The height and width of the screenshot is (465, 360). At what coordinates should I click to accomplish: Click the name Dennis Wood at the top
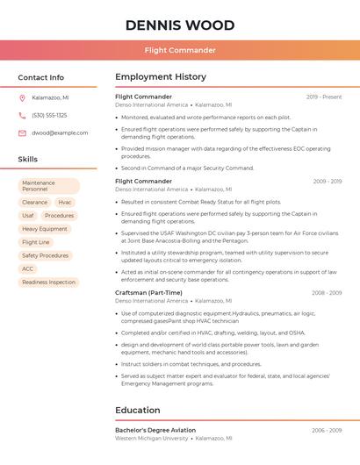click(180, 25)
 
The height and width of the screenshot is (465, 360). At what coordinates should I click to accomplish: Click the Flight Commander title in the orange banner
click(180, 50)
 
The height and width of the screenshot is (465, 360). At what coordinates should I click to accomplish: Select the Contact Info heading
click(41, 77)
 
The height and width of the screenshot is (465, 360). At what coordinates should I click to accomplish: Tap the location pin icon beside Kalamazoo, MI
click(22, 97)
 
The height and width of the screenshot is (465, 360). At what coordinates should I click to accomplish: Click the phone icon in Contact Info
click(22, 115)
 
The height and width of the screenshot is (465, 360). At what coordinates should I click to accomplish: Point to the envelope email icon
click(22, 132)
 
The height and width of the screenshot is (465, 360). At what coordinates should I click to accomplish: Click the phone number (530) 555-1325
click(49, 115)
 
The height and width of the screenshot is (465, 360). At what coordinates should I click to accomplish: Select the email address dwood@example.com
click(60, 132)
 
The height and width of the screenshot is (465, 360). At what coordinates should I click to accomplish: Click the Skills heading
click(28, 160)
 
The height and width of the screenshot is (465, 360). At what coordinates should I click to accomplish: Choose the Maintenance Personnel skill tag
click(48, 186)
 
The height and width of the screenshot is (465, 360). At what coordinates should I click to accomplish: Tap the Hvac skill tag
click(65, 202)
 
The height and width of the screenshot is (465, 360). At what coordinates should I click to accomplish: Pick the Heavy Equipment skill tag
click(45, 228)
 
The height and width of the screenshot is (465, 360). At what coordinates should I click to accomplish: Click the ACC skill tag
click(28, 268)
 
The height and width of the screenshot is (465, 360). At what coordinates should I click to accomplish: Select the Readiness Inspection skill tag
click(48, 282)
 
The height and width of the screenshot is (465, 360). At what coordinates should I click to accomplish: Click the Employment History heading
click(161, 77)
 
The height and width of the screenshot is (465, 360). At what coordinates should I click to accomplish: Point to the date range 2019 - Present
click(324, 97)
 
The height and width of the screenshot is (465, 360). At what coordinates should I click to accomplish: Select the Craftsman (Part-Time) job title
click(148, 292)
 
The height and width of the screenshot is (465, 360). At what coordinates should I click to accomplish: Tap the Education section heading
click(137, 410)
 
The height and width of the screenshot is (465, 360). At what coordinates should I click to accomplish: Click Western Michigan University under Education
click(151, 438)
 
